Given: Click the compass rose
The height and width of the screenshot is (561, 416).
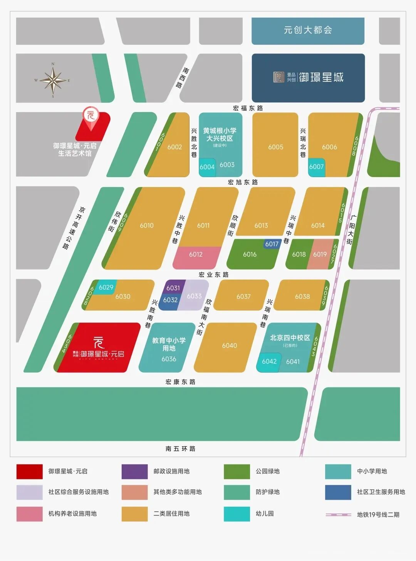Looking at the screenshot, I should pyautogui.click(x=53, y=80).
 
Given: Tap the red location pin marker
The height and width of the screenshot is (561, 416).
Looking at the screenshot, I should pyautogui.click(x=91, y=117).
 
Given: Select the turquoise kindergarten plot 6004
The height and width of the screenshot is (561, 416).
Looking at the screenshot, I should pyautogui.click(x=207, y=167).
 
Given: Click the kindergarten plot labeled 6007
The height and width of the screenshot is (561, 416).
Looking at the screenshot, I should pyautogui.click(x=316, y=167).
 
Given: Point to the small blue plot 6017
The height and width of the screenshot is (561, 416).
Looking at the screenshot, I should pyautogui.click(x=272, y=244).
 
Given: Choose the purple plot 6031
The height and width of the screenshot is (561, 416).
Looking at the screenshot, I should pyautogui.click(x=173, y=288).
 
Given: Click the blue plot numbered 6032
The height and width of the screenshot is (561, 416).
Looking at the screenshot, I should pyautogui.click(x=170, y=300).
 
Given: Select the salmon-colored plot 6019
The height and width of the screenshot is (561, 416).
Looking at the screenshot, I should pyautogui.click(x=320, y=254).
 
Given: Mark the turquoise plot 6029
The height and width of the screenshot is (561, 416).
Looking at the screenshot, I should pyautogui.click(x=106, y=287).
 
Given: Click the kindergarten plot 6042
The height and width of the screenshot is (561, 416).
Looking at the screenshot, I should pyautogui.click(x=269, y=362).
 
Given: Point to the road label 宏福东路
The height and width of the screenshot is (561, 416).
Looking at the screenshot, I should pyautogui.click(x=248, y=108).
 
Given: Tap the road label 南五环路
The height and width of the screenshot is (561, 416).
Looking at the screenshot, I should pyautogui.click(x=180, y=449).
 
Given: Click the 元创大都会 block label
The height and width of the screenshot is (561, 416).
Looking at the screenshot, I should pyautogui.click(x=308, y=30).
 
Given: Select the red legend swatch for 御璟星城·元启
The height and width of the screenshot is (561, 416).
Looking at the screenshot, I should pyautogui.click(x=29, y=471).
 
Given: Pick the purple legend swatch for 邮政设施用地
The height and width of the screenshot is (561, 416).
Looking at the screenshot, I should pyautogui.click(x=134, y=471).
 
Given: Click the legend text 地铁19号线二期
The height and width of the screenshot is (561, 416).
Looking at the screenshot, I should pyautogui.click(x=378, y=514).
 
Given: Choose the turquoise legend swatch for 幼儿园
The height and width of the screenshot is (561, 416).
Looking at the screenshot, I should pyautogui.click(x=237, y=514).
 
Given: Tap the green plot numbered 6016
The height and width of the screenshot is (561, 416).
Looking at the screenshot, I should pyautogui.click(x=250, y=254).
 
